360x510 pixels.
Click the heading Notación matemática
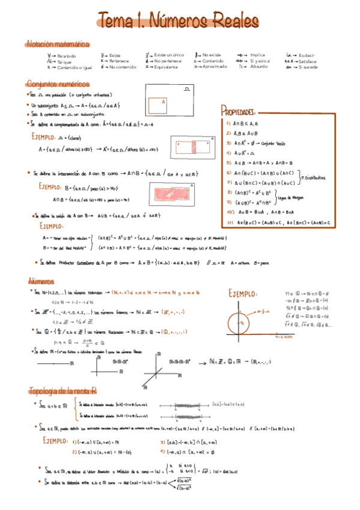(58, 44)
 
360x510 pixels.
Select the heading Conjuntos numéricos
(58, 84)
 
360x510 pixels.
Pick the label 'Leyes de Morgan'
(290, 197)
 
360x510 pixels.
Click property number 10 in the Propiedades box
(230, 212)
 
